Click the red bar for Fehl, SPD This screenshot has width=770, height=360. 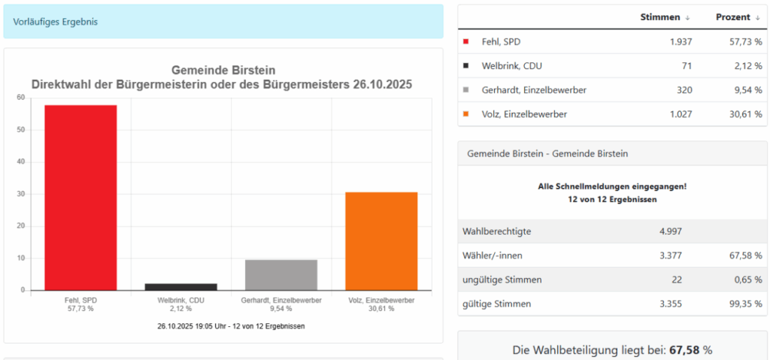[x=80, y=198]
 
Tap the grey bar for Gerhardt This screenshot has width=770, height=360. [x=280, y=275]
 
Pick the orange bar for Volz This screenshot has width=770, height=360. [x=381, y=241]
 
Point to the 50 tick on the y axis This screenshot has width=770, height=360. [x=22, y=130]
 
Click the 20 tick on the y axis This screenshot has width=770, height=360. [x=22, y=226]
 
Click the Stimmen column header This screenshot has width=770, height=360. [x=660, y=17]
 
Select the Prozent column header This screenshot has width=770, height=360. [x=732, y=17]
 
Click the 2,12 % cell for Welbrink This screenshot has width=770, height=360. [x=748, y=66]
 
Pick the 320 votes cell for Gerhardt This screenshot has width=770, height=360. [x=682, y=90]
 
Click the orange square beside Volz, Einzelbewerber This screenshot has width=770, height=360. [x=466, y=114]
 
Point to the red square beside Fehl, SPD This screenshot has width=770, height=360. [x=466, y=42]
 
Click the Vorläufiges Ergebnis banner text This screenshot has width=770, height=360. [x=55, y=21]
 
